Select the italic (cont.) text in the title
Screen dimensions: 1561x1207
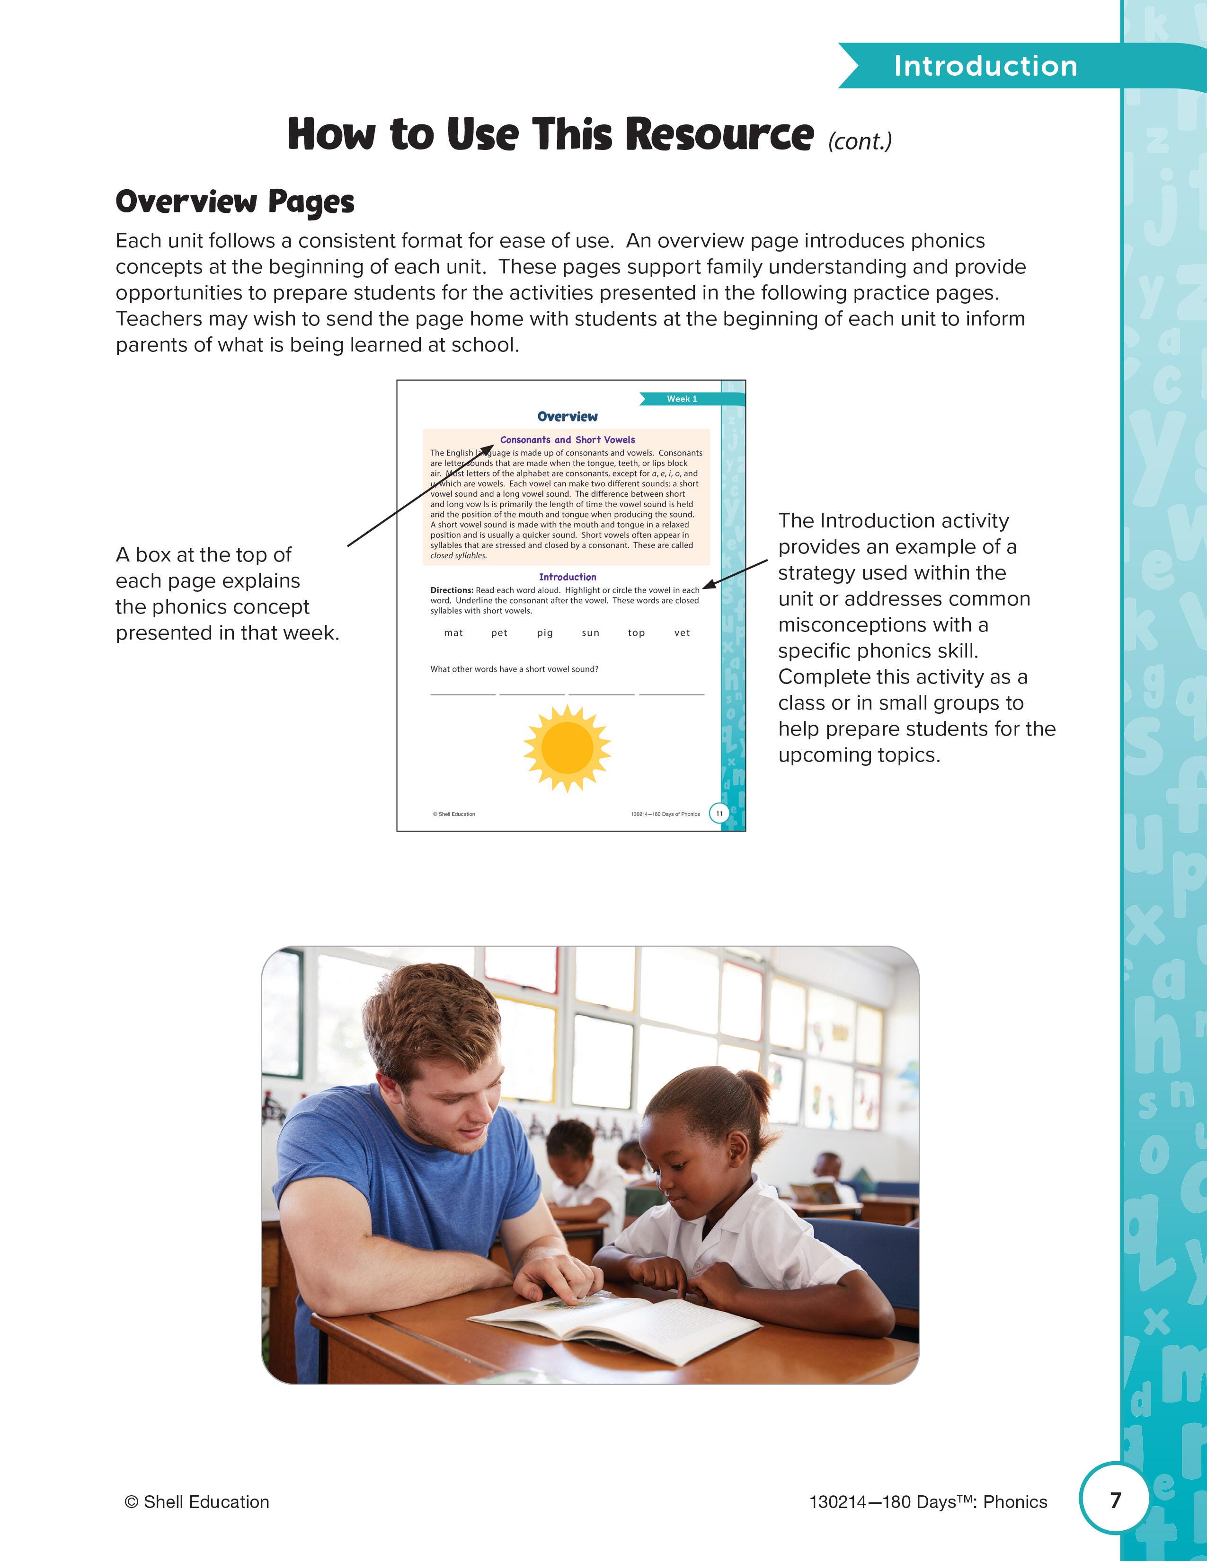(x=860, y=141)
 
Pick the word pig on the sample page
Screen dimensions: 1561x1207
(x=545, y=632)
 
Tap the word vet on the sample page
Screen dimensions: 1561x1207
(x=682, y=632)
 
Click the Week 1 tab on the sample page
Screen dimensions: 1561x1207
(x=682, y=399)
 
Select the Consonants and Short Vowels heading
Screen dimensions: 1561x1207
(x=567, y=439)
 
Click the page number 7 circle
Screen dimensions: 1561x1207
(x=1115, y=1500)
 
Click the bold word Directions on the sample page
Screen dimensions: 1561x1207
(x=451, y=590)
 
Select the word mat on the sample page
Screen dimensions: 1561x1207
(x=453, y=632)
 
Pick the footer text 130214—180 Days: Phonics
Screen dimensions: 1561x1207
(x=927, y=1502)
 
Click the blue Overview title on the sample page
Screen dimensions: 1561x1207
(x=567, y=416)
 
